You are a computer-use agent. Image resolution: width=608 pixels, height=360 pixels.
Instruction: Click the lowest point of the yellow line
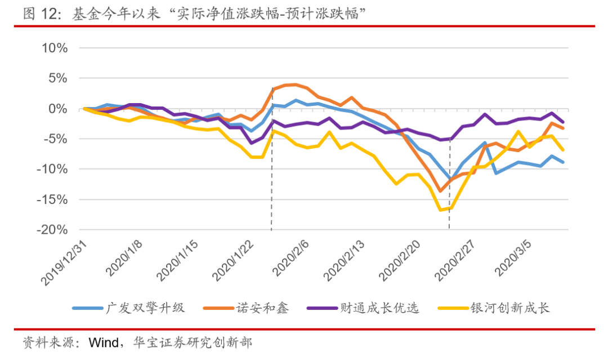click(440, 210)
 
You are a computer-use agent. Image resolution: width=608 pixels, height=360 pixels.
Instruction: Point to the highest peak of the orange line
click(295, 85)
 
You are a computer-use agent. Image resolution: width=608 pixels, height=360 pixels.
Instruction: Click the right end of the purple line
click(563, 122)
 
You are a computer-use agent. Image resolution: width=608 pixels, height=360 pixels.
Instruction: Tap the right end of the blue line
click(563, 162)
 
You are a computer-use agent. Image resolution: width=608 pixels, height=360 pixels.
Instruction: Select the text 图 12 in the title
click(39, 14)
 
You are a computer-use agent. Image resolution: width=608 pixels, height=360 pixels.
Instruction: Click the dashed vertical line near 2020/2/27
click(449, 186)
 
